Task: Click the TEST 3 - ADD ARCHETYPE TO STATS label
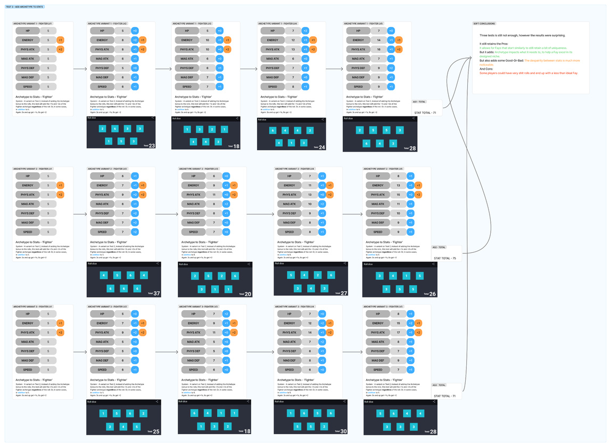(24, 6)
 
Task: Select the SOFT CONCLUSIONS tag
(484, 23)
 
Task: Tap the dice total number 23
(152, 145)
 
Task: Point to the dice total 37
(156, 293)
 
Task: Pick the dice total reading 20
(248, 294)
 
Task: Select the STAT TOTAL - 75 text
(445, 258)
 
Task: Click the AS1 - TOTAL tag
(419, 101)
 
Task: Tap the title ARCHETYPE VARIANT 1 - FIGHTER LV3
(192, 23)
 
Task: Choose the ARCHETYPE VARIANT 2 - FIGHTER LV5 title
(383, 169)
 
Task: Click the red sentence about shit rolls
(529, 73)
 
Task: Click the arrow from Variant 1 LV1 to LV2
(80, 69)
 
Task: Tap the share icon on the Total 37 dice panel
(158, 263)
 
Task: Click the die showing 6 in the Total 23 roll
(115, 128)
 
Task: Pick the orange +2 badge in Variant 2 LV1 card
(60, 195)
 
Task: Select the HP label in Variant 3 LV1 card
(28, 314)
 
